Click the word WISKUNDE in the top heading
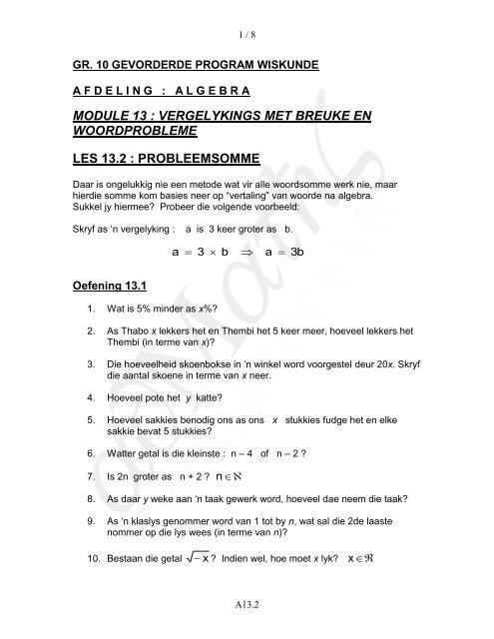click(282, 65)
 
